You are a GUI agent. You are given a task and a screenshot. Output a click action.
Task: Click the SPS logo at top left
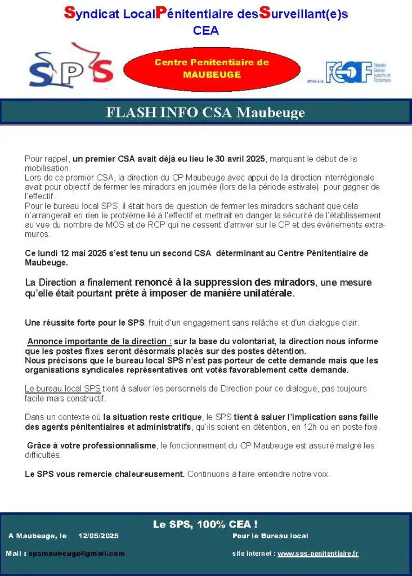click(x=71, y=69)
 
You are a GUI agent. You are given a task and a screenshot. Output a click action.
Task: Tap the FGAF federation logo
click(x=357, y=73)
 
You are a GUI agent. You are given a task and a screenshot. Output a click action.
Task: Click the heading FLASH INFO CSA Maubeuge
click(x=205, y=112)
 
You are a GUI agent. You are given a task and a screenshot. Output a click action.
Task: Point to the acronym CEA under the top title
click(x=205, y=31)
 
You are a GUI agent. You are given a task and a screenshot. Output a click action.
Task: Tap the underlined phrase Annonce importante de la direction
click(x=100, y=341)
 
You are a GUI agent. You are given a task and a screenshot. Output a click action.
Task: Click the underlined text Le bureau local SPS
click(x=62, y=389)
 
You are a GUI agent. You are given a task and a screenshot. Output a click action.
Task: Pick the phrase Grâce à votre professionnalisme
click(x=92, y=445)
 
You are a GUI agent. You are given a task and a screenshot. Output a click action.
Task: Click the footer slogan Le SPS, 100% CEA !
click(x=205, y=524)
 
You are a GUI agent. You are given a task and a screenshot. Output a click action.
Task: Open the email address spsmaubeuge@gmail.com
click(x=77, y=553)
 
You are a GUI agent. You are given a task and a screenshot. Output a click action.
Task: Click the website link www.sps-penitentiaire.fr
click(x=318, y=553)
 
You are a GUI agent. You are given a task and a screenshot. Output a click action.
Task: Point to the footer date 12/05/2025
click(x=98, y=536)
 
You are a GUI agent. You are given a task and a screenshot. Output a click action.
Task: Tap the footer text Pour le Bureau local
click(x=270, y=536)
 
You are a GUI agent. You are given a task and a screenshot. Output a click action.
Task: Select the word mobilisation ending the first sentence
click(x=47, y=168)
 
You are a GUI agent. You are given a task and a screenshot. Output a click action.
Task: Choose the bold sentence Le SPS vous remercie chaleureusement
click(x=105, y=474)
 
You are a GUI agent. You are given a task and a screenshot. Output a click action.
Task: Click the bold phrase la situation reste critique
click(x=152, y=417)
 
